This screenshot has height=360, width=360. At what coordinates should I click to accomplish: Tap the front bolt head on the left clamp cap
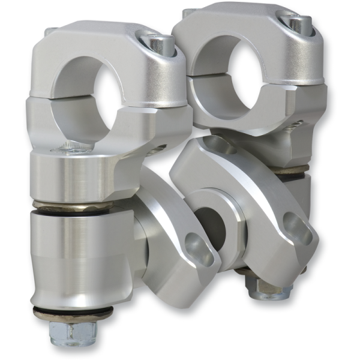pyautogui.click(x=158, y=43)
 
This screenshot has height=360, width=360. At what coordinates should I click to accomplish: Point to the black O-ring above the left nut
pyautogui.click(x=73, y=313)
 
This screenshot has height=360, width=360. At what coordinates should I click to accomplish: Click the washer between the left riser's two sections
pyautogui.click(x=72, y=208)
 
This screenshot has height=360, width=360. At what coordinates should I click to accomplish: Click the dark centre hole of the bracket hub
pyautogui.click(x=210, y=222)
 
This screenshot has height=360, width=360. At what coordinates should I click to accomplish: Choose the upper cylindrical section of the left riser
pyautogui.click(x=78, y=174)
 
